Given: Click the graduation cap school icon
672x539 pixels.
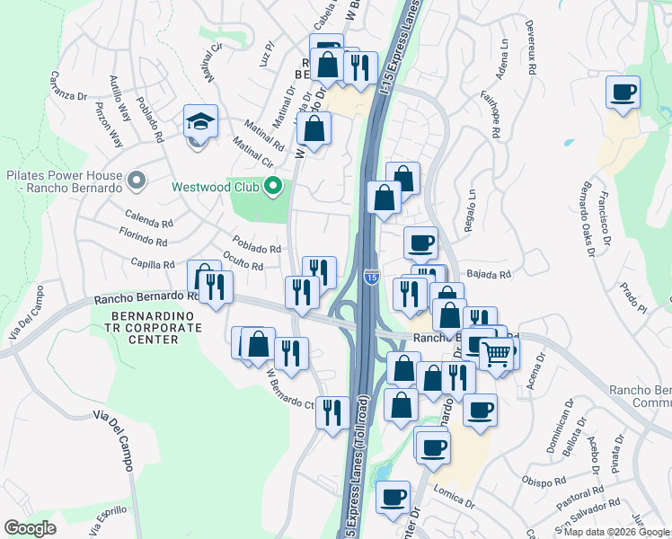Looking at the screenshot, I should click(x=200, y=122).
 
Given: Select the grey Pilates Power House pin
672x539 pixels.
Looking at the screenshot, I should click(x=137, y=181).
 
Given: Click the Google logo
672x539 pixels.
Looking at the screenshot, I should click(x=30, y=528).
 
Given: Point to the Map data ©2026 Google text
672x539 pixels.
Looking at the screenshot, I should click(x=616, y=532).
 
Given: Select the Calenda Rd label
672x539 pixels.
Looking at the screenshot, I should click(x=149, y=221).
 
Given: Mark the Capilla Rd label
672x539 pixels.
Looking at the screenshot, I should click(x=152, y=264).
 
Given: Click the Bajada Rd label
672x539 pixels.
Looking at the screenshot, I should click(x=487, y=274).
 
